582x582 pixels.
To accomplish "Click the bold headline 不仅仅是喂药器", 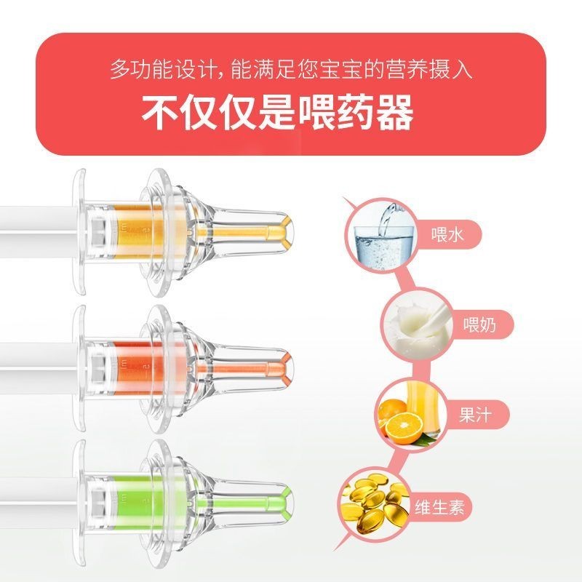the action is pos(277,112).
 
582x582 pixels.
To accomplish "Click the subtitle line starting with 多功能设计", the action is pos(292,69).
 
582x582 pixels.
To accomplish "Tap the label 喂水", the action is pos(447,235).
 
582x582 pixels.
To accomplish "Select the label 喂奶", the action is pos(479,324).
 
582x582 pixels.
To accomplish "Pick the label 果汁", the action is pos(476,415).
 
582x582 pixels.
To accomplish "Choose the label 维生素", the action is pos(439,506).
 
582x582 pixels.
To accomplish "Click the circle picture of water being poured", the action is pos(381,235).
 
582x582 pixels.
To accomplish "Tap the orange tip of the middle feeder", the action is pos(285,368).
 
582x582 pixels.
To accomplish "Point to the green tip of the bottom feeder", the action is pos(285,502).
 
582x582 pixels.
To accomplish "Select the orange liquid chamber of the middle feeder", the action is pos(137,368).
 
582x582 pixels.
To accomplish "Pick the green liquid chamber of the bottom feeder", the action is pos(137,502).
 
